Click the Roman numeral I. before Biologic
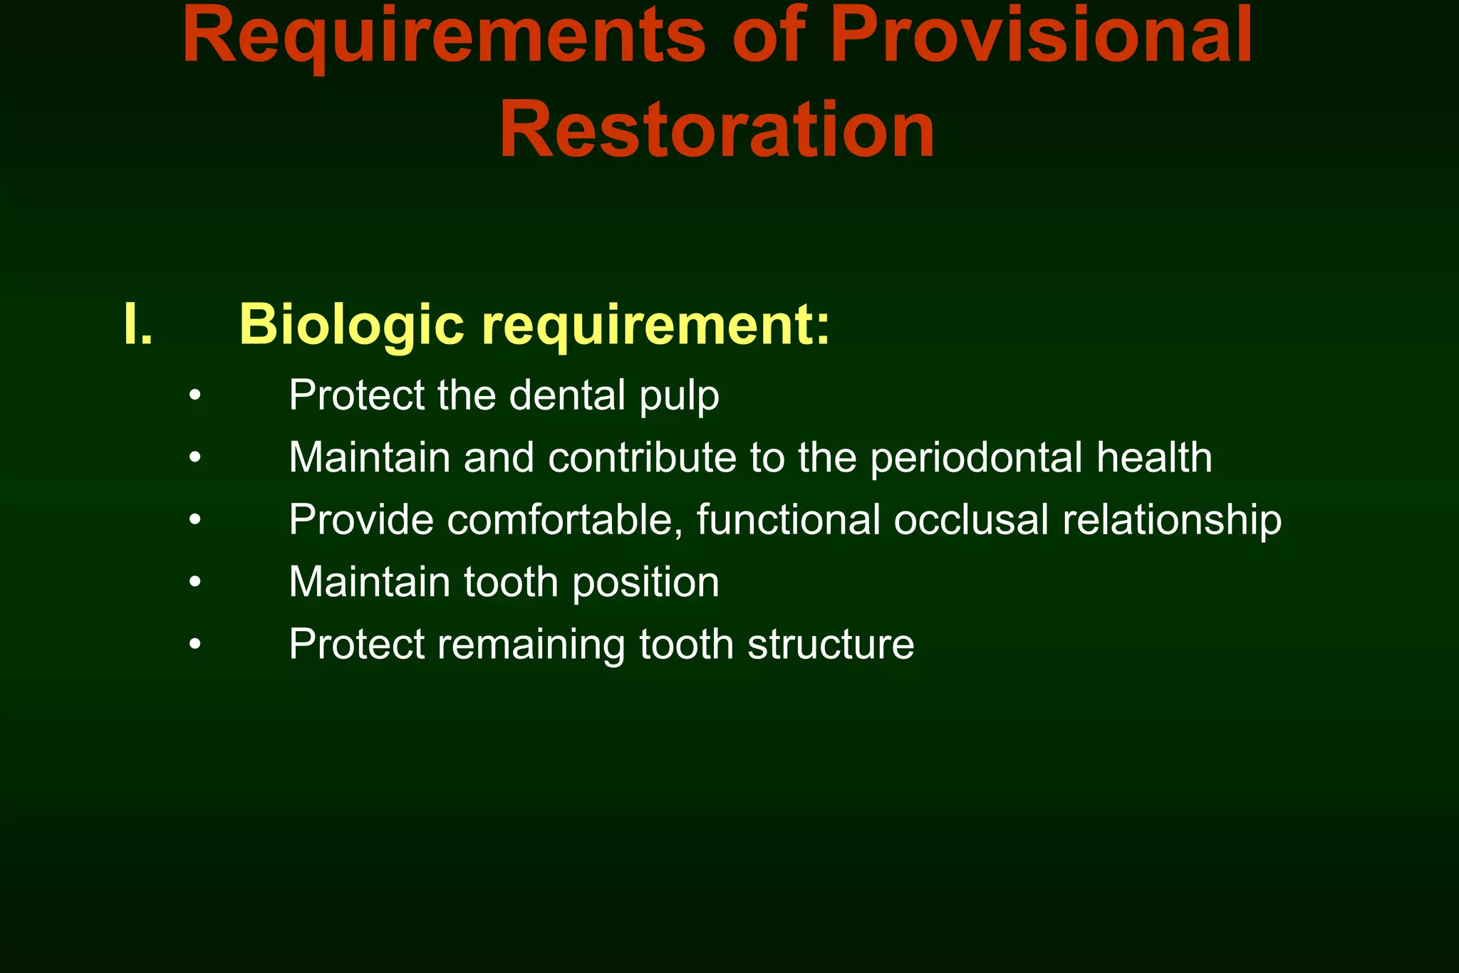pyautogui.click(x=138, y=325)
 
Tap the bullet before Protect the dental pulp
pyautogui.click(x=196, y=396)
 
